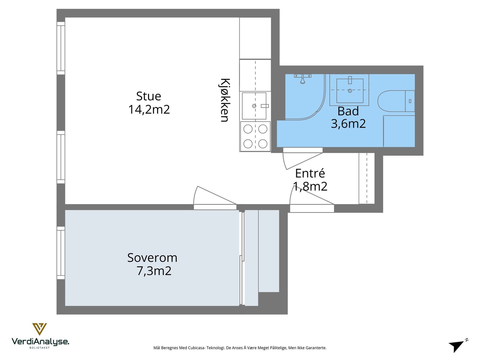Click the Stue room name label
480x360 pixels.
(x=148, y=96)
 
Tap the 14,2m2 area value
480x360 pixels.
(x=149, y=109)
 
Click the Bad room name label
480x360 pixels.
(x=348, y=111)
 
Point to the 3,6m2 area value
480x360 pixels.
(x=348, y=124)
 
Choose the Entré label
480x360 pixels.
(x=310, y=173)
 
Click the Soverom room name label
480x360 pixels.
(x=152, y=258)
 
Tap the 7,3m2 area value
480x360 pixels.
(x=154, y=271)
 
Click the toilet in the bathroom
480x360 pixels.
(x=396, y=101)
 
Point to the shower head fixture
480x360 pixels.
(x=303, y=79)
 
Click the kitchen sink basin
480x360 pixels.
(x=254, y=106)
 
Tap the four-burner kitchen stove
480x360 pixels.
(x=255, y=136)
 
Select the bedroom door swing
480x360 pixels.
(x=215, y=195)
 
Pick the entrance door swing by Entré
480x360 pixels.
(x=312, y=195)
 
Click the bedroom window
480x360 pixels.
(x=61, y=253)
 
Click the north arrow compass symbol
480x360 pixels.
(x=458, y=346)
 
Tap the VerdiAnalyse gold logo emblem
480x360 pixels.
(x=40, y=329)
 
